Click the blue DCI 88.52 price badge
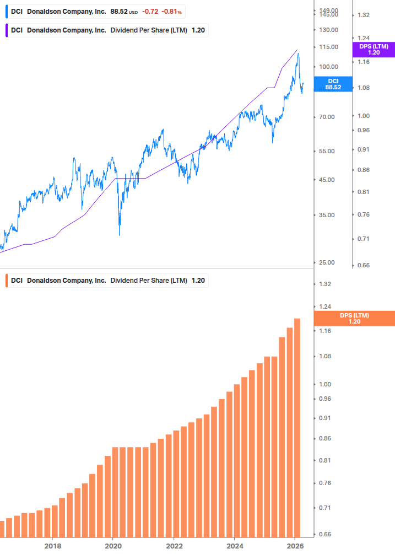(333, 84)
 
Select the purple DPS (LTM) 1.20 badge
(374, 50)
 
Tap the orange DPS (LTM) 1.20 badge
(354, 319)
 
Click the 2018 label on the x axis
(52, 546)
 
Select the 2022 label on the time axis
(174, 546)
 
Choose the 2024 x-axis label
(234, 546)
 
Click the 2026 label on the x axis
(295, 546)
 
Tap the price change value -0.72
(149, 11)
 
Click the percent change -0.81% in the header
(172, 11)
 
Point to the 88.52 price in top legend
(119, 11)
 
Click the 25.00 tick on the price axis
(326, 262)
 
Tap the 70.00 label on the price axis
(326, 117)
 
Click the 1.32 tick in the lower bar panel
(324, 284)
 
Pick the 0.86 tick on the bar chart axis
(324, 438)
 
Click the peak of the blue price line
(298, 53)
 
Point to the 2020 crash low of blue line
(120, 235)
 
